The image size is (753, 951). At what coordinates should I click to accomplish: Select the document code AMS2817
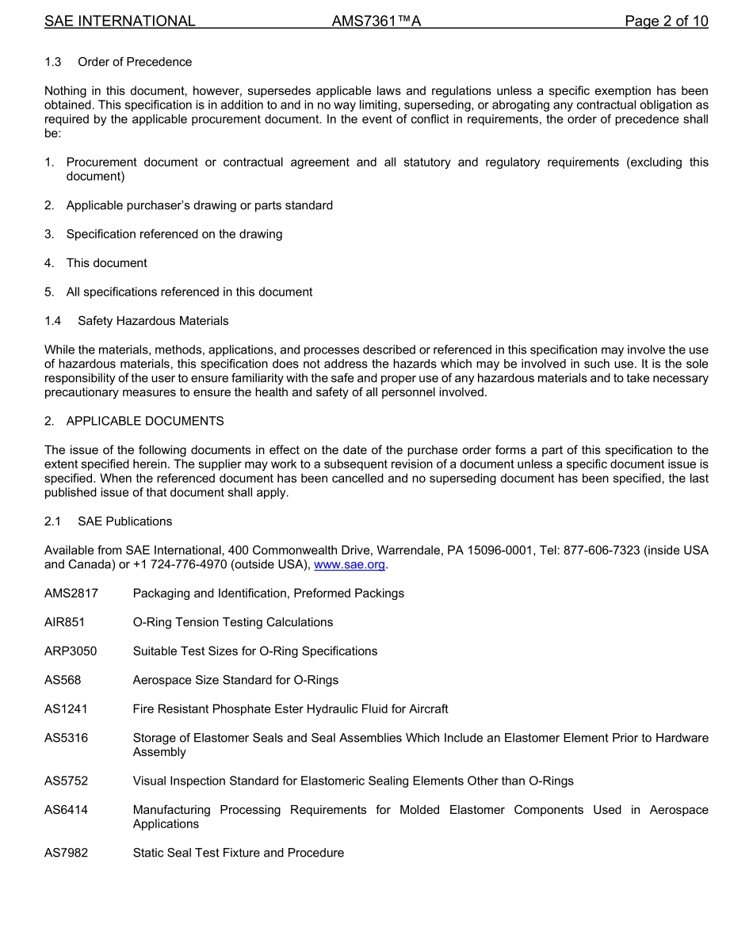click(71, 593)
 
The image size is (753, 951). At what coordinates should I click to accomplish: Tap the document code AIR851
click(65, 622)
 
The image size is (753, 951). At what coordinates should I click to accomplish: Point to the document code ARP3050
click(71, 651)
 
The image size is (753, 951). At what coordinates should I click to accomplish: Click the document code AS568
click(63, 680)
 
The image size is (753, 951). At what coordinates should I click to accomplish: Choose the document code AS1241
click(66, 708)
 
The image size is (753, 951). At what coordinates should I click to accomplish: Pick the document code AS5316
click(66, 738)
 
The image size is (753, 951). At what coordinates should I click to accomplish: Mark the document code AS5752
click(66, 781)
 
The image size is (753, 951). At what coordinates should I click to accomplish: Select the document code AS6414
click(66, 810)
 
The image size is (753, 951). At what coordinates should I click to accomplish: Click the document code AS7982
click(66, 853)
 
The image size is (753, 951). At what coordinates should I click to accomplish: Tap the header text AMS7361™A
click(376, 21)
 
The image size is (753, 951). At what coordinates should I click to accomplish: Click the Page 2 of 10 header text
click(666, 21)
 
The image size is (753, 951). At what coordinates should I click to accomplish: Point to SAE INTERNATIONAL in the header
click(120, 21)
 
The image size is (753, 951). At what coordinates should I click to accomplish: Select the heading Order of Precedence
click(135, 62)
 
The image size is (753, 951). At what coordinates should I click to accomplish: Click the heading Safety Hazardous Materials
click(153, 321)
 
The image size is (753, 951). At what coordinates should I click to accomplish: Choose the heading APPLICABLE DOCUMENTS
click(145, 421)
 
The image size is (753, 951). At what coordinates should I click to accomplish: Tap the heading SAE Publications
click(124, 521)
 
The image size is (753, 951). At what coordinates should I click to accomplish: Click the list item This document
click(106, 263)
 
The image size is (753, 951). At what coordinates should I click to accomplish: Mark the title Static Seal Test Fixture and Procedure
click(239, 853)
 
